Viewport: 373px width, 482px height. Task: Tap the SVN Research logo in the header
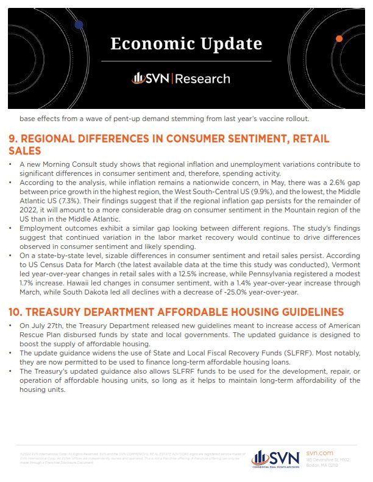(181, 79)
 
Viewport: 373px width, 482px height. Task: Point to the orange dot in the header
(339, 39)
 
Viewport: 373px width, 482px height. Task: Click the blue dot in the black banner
(79, 25)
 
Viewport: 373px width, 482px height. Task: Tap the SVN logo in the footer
(275, 458)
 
